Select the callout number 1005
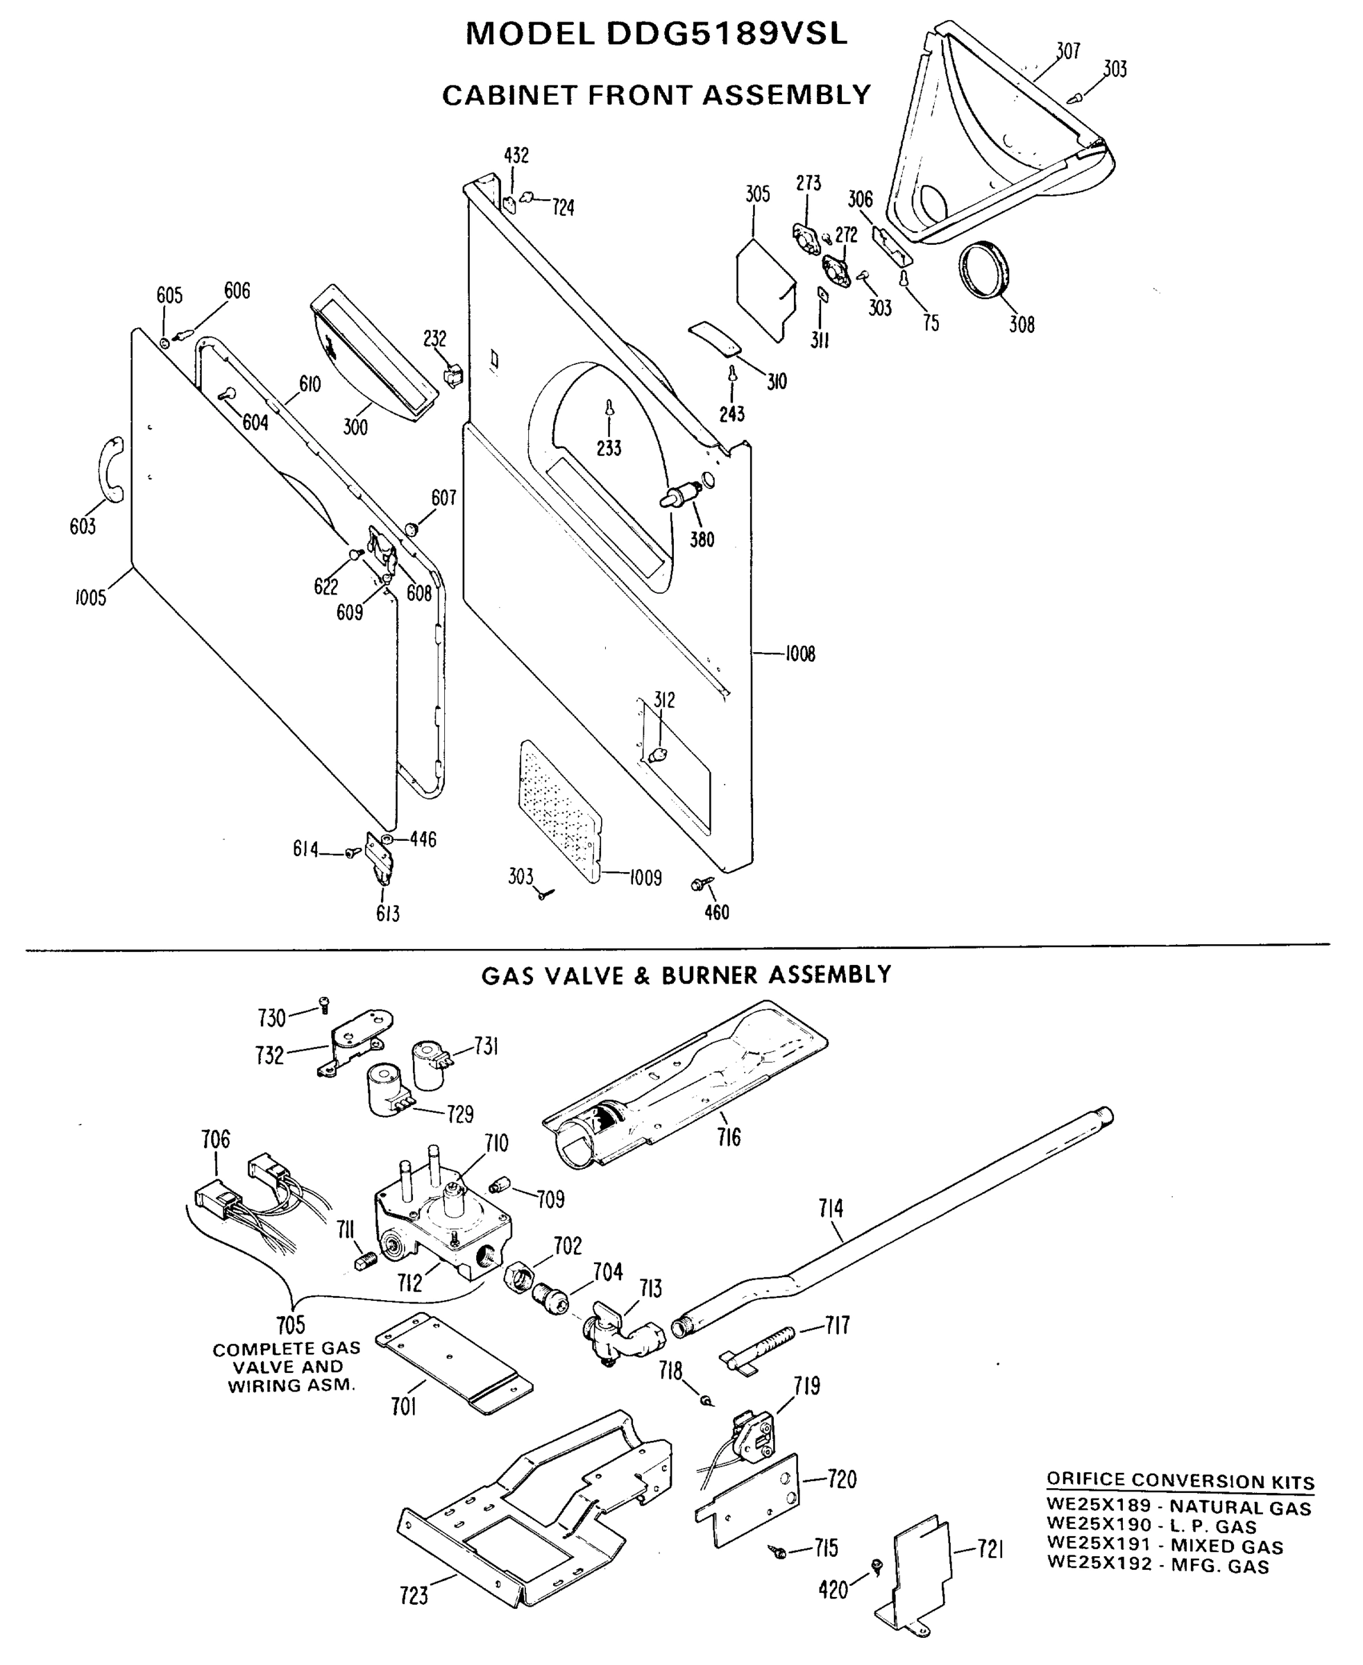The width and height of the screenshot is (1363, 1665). tap(90, 598)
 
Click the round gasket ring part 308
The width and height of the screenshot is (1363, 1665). tap(987, 271)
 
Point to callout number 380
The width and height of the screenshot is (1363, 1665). tap(702, 539)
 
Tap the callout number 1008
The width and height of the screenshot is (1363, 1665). tap(800, 654)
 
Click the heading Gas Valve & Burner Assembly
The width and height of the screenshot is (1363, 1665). tap(686, 975)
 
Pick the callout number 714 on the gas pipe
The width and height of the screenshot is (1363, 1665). tap(831, 1208)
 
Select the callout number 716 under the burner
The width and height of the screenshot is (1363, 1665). tap(729, 1136)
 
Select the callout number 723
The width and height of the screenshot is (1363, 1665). tap(414, 1596)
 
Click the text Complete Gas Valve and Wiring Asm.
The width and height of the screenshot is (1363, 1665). tap(287, 1367)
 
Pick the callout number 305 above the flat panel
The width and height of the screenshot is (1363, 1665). tap(758, 195)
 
